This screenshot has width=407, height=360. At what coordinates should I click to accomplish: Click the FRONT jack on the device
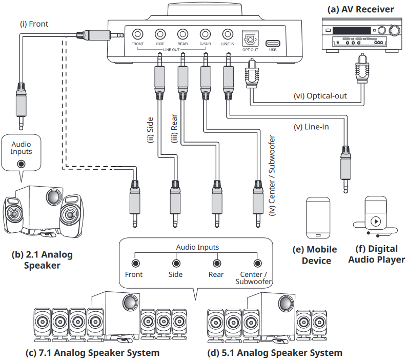[137, 34]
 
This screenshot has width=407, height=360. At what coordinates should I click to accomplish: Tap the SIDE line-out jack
[160, 34]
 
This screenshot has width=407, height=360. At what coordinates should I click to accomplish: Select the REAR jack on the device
[182, 34]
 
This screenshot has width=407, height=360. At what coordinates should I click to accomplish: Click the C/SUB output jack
[205, 34]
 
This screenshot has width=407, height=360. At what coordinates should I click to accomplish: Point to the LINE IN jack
[228, 34]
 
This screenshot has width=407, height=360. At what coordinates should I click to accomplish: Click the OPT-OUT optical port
[250, 37]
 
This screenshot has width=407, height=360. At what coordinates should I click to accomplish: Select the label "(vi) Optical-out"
[320, 96]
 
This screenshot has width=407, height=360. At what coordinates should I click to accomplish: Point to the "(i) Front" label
[34, 24]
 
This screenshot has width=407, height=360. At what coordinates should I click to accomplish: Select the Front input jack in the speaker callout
[135, 263]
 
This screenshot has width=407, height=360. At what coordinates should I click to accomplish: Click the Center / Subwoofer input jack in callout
[257, 263]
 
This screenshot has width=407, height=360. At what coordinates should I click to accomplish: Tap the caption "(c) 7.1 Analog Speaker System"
[92, 353]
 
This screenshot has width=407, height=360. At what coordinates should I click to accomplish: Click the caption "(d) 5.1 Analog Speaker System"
[275, 353]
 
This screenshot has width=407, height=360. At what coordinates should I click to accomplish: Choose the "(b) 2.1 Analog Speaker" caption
[42, 259]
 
